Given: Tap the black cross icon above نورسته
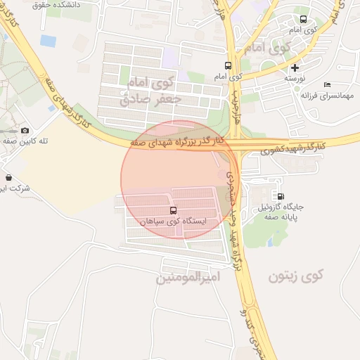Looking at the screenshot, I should tap(295, 67).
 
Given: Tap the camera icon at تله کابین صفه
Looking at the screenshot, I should tap(25, 130).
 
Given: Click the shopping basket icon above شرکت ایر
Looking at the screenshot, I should tap(8, 177).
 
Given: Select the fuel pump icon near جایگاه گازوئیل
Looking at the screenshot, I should tap(281, 196).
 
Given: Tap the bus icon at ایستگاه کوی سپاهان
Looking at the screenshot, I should tap(173, 210).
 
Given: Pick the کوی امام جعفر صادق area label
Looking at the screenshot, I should tap(150, 91).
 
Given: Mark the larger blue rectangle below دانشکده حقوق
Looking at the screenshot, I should tap(48, 41).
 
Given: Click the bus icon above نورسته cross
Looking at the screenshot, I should tap(303, 20).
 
